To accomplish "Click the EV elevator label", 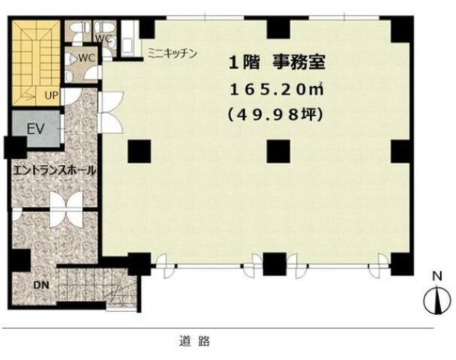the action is [x=35, y=129].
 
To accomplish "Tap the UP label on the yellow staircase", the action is [x=51, y=95].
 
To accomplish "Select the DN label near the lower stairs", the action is [x=41, y=285].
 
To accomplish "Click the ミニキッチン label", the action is [x=172, y=53].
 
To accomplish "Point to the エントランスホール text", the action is [x=55, y=170].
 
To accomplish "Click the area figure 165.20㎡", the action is [x=277, y=89].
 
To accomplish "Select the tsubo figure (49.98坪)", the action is [x=276, y=115].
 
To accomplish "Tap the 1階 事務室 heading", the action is [x=277, y=62].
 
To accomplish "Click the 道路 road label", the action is [x=194, y=340].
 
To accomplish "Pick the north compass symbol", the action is [x=436, y=301].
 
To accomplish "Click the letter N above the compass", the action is [x=437, y=276].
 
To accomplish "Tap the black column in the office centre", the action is [x=278, y=151].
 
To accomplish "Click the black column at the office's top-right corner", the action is [x=402, y=29].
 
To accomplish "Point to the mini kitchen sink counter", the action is [x=127, y=39].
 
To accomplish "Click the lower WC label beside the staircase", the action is [x=87, y=58].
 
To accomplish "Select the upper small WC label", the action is [x=103, y=38].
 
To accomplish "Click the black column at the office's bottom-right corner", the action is [x=402, y=264].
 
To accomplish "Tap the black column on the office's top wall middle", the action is [x=278, y=28].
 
